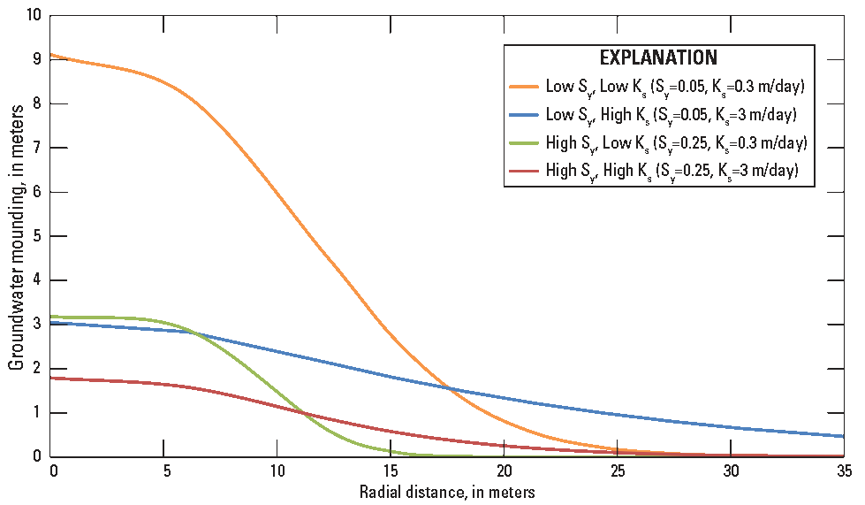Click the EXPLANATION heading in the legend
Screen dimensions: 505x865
click(x=658, y=58)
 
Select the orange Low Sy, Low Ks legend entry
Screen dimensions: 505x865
click(x=658, y=87)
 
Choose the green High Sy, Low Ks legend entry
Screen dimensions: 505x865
click(x=658, y=143)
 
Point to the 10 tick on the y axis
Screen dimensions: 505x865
click(x=35, y=15)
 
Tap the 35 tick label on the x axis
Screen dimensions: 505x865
click(x=843, y=469)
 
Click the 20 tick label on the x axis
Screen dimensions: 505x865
click(x=505, y=469)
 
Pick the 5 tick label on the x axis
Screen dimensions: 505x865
click(x=165, y=469)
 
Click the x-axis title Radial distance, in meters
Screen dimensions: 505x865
click(x=447, y=490)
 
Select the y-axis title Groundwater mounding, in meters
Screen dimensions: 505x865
click(x=16, y=236)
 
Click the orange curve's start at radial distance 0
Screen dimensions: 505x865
click(x=53, y=55)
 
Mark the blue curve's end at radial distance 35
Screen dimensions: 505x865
click(x=843, y=436)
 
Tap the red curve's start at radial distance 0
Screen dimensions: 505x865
click(x=53, y=379)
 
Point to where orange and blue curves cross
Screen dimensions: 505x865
click(x=450, y=388)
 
